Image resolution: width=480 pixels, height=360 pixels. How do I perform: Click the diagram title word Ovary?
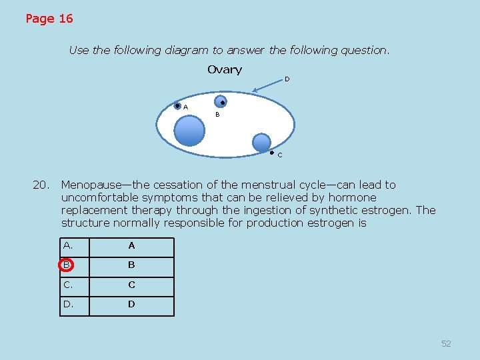point(225,70)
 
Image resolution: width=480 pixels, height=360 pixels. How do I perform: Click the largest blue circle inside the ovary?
point(190,131)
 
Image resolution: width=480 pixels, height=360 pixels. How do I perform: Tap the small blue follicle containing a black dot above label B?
point(221,101)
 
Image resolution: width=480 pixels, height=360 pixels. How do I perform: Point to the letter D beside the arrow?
point(287,79)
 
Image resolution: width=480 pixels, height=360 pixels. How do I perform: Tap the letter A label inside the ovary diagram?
point(185,107)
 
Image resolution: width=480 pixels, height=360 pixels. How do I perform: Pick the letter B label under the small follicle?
point(217,115)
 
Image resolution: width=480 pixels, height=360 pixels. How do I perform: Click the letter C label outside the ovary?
point(280,155)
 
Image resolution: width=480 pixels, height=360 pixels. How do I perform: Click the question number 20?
point(41,185)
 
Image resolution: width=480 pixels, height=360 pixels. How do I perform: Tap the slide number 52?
point(446,343)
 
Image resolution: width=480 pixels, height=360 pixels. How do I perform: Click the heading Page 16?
point(49,19)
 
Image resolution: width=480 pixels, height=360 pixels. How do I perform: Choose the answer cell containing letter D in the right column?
point(131,305)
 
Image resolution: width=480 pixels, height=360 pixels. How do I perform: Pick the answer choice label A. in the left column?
point(69,245)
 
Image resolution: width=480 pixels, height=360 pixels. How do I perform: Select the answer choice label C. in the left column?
point(69,285)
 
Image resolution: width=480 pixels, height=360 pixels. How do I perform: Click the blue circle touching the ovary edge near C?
point(262,143)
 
